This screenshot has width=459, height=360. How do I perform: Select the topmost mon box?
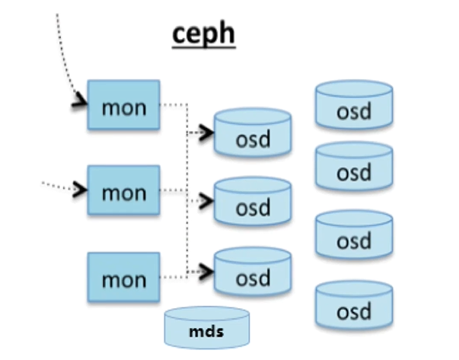point(123,107)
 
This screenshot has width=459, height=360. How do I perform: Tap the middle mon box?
point(123,191)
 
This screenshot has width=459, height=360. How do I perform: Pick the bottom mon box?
point(123,278)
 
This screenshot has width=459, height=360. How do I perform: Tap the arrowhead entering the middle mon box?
point(79,187)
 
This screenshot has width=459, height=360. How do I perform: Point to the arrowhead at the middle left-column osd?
point(207,202)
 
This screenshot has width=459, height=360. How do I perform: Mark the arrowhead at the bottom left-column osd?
point(207,271)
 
